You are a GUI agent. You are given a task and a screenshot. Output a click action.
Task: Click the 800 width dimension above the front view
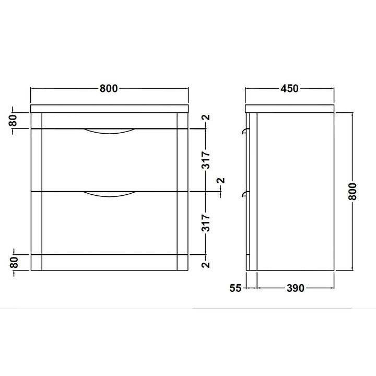point(109,88)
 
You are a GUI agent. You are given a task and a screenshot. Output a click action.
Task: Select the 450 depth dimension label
point(290,88)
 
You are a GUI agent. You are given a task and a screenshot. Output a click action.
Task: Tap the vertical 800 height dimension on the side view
point(352,191)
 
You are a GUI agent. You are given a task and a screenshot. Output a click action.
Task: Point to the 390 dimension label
point(296,288)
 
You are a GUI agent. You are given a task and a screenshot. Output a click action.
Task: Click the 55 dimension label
point(235,288)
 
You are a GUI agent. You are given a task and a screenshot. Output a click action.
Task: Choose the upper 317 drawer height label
point(206,160)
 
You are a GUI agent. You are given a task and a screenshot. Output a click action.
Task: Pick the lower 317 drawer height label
point(206,223)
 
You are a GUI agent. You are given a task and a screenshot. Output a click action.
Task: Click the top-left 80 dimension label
point(14,121)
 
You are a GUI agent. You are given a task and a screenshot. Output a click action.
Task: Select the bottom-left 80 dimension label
point(14,262)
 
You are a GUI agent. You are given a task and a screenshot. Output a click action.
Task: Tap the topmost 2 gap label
point(206,118)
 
